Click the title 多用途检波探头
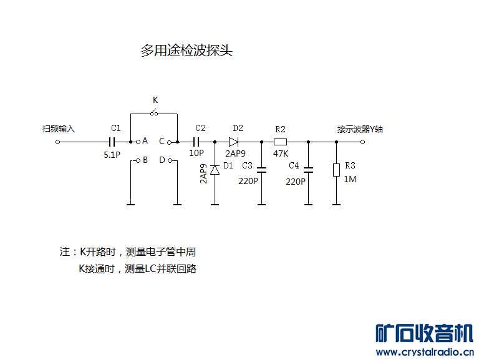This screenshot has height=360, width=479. click(186, 51)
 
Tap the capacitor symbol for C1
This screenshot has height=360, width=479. click(114, 142)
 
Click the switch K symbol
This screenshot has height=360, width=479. click(154, 113)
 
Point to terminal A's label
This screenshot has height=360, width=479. click(145, 141)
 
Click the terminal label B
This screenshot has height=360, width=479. click(145, 160)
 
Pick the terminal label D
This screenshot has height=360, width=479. click(162, 160)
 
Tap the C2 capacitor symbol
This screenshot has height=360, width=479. click(200, 142)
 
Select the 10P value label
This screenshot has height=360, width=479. click(196, 153)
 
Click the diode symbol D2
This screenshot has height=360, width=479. click(234, 142)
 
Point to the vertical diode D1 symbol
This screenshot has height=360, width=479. click(215, 169)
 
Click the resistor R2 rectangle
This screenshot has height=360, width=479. click(280, 142)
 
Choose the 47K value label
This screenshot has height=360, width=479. click(280, 153)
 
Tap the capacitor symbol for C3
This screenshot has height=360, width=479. click(262, 168)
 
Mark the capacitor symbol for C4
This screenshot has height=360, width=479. click(308, 168)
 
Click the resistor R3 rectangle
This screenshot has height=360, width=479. click(336, 170)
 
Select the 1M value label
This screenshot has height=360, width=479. click(350, 179)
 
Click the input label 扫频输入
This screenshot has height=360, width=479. click(58, 129)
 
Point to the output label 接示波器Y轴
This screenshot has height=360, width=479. click(360, 129)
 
